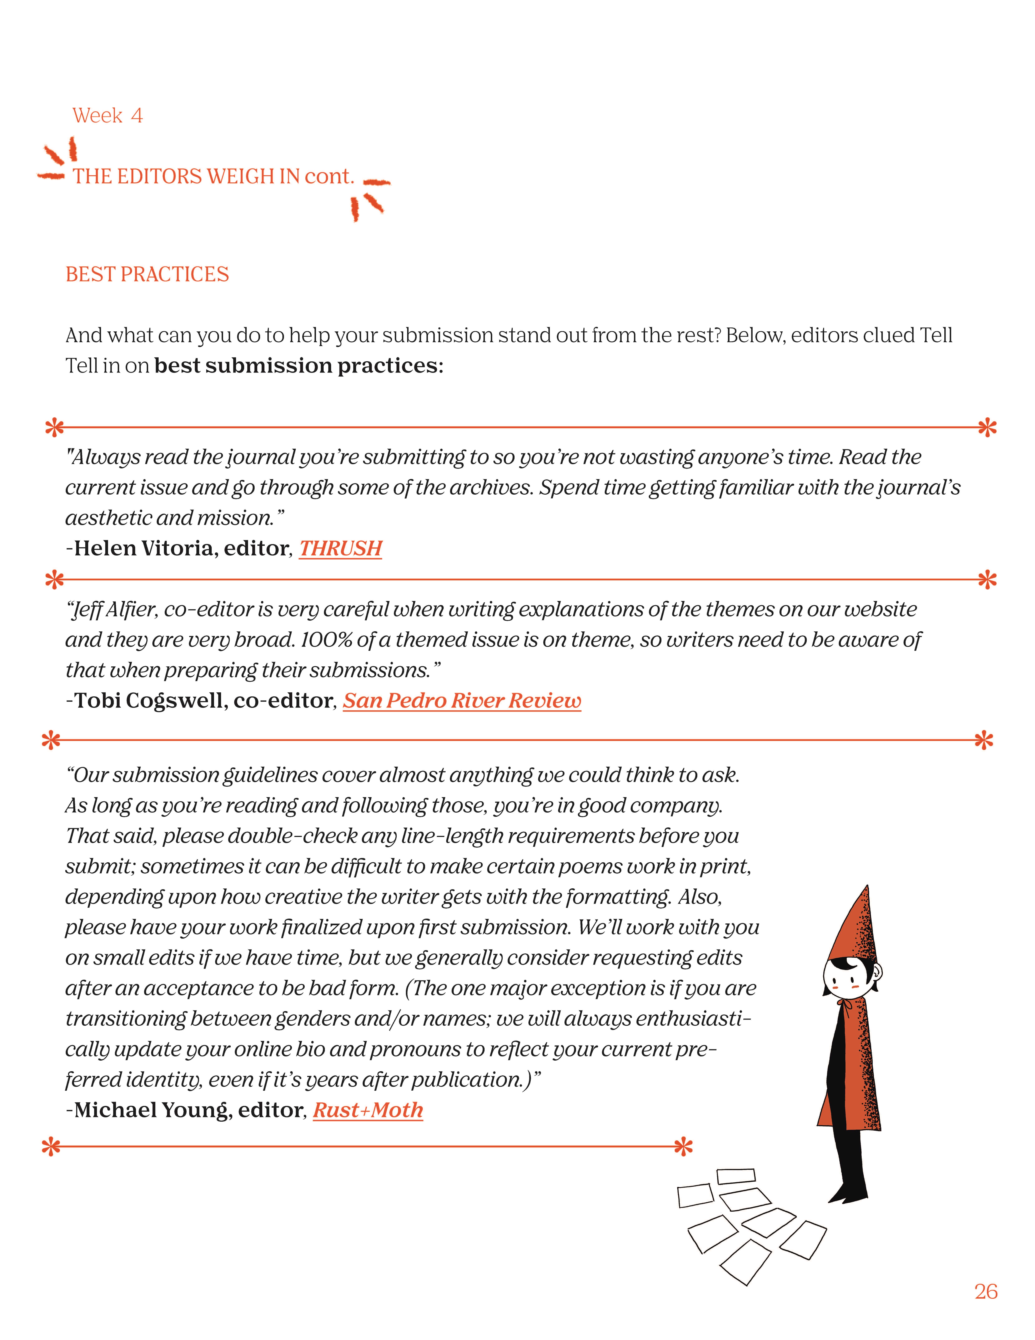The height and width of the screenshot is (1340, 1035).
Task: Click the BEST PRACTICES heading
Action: pos(147,274)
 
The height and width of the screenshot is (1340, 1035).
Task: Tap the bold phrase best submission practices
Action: pos(299,366)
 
